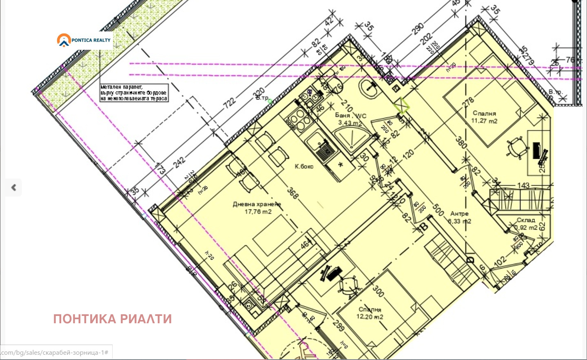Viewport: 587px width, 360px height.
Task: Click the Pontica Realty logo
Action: click(84, 40)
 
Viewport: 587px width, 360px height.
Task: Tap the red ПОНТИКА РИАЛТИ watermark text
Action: click(112, 319)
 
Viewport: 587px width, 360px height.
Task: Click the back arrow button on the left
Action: click(13, 187)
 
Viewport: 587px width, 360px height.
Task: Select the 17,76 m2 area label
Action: click(258, 212)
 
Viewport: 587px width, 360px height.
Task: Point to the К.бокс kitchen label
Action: click(304, 167)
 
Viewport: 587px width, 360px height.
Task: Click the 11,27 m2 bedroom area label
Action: click(484, 121)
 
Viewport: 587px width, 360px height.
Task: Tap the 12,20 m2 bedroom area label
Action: click(370, 317)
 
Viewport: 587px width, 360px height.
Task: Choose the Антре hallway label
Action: click(459, 213)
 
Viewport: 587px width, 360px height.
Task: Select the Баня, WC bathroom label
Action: click(350, 116)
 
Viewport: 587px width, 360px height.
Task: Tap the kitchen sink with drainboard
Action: click(320, 147)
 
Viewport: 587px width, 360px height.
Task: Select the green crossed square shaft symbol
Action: click(401, 105)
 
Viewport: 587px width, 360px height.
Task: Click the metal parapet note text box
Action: click(134, 93)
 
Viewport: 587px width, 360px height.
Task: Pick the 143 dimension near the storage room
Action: click(523, 186)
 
